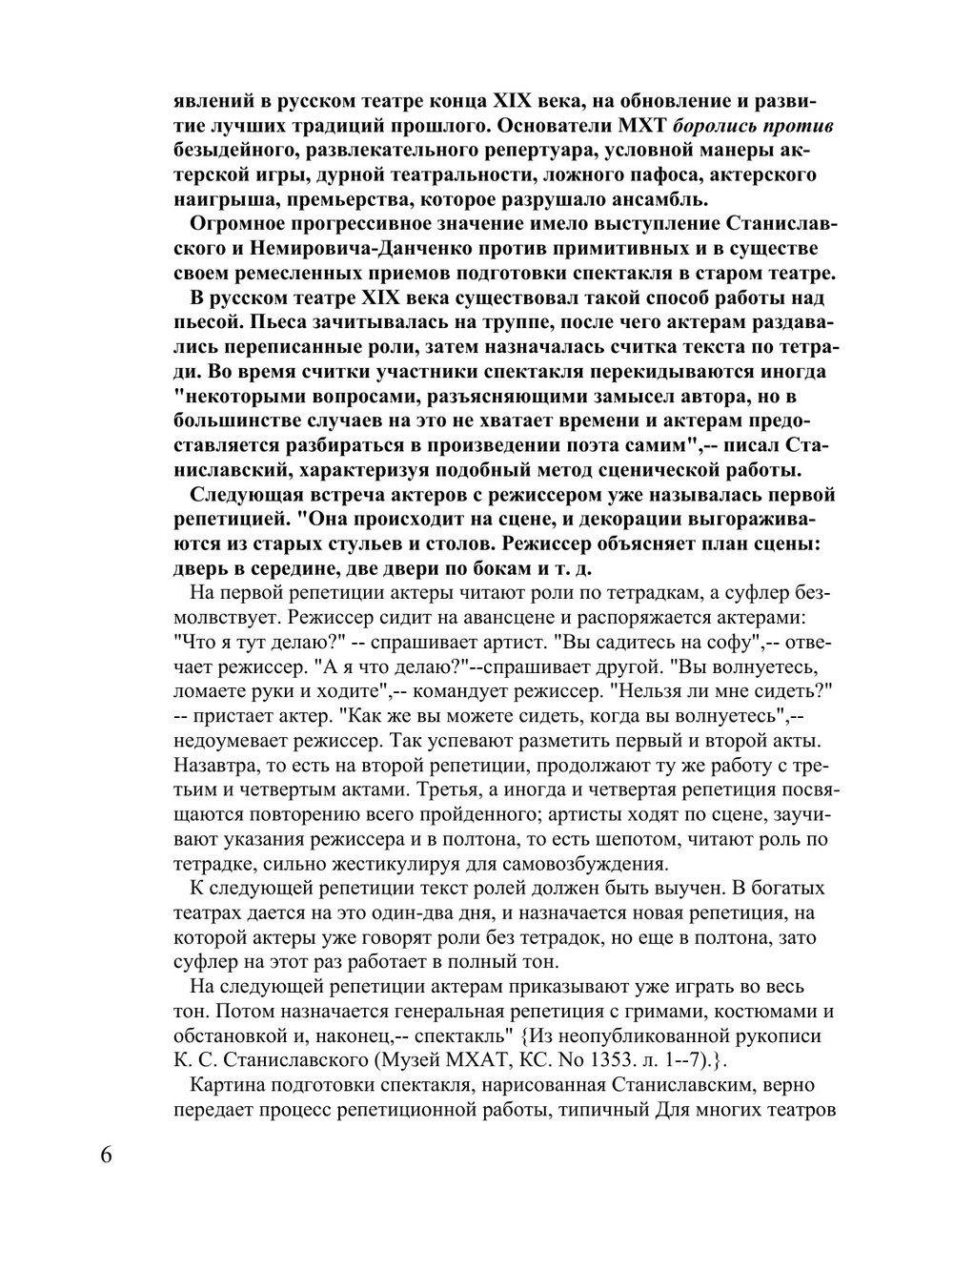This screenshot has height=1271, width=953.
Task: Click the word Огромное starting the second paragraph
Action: point(237,224)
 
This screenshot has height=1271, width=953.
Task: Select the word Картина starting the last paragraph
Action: point(230,1085)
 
